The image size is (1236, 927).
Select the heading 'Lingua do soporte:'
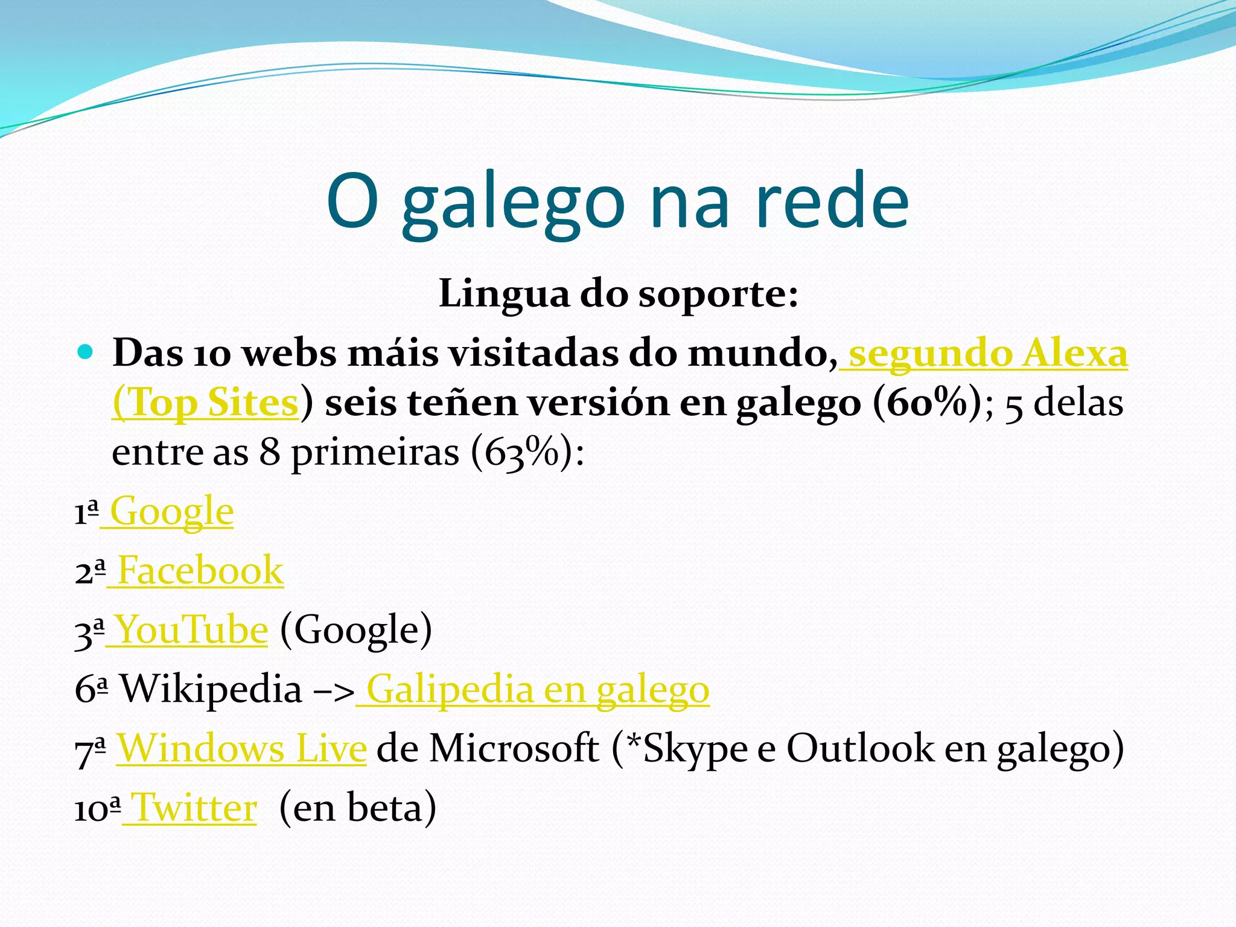tap(619, 294)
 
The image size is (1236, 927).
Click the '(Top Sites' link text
tap(205, 403)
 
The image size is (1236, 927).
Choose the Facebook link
tap(200, 570)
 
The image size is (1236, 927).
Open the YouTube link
tap(191, 630)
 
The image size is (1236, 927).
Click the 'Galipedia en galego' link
tap(537, 689)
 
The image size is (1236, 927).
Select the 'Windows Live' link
tap(241, 748)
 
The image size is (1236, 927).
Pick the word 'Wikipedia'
tap(211, 689)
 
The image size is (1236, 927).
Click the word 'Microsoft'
tap(514, 748)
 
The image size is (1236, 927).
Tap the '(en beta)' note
tap(357, 808)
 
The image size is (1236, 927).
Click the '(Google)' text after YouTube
tap(356, 630)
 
